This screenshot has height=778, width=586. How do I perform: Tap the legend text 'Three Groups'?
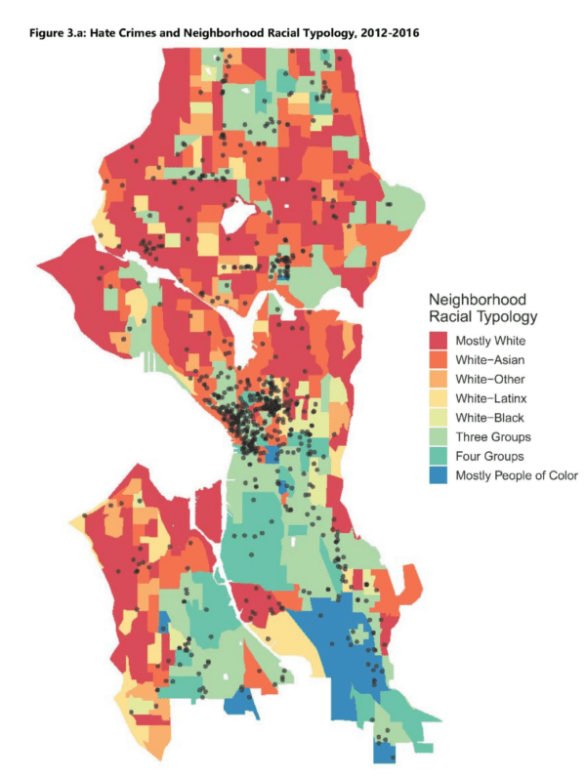click(493, 437)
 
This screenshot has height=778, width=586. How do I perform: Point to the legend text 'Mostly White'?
click(491, 341)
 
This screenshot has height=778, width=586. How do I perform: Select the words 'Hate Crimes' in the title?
click(114, 35)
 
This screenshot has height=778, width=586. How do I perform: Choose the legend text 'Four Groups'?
click(490, 456)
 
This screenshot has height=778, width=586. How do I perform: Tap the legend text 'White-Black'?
click(491, 418)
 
